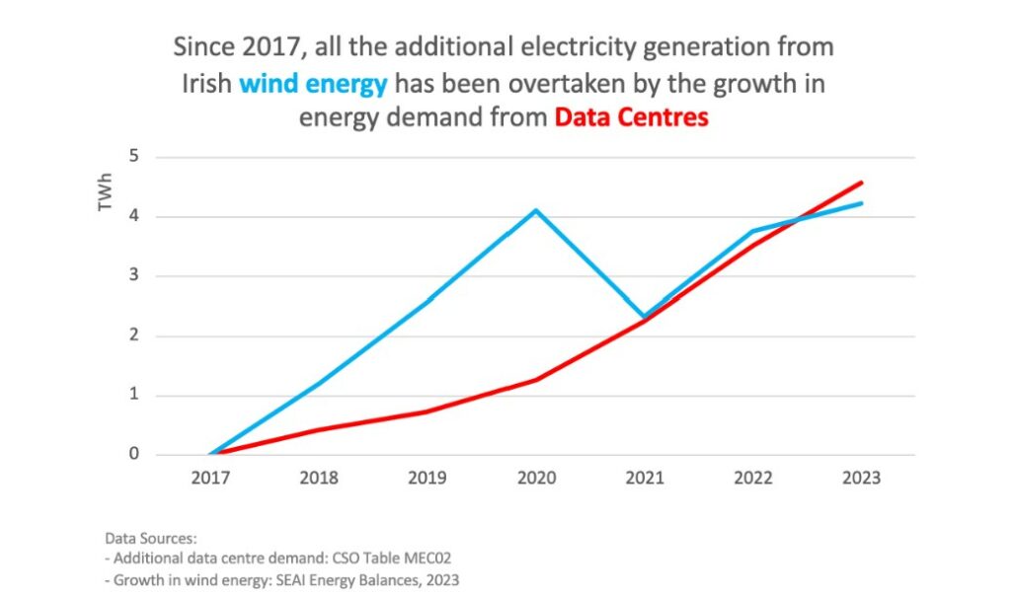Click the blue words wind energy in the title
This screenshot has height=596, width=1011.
[x=313, y=84]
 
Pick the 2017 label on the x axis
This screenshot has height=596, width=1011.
[x=210, y=478]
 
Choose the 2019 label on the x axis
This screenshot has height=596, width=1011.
[x=428, y=478]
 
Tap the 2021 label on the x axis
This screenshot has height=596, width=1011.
[x=645, y=478]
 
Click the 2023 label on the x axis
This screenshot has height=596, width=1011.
[x=862, y=478]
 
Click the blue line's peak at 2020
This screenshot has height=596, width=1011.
[x=536, y=210]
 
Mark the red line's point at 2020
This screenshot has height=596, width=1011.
[x=536, y=379]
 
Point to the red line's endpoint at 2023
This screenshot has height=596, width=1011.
[x=862, y=183]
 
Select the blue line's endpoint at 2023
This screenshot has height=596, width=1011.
[x=862, y=203]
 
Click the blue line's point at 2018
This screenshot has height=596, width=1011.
[x=319, y=383]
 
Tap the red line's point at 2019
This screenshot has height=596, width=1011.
[x=428, y=410]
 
